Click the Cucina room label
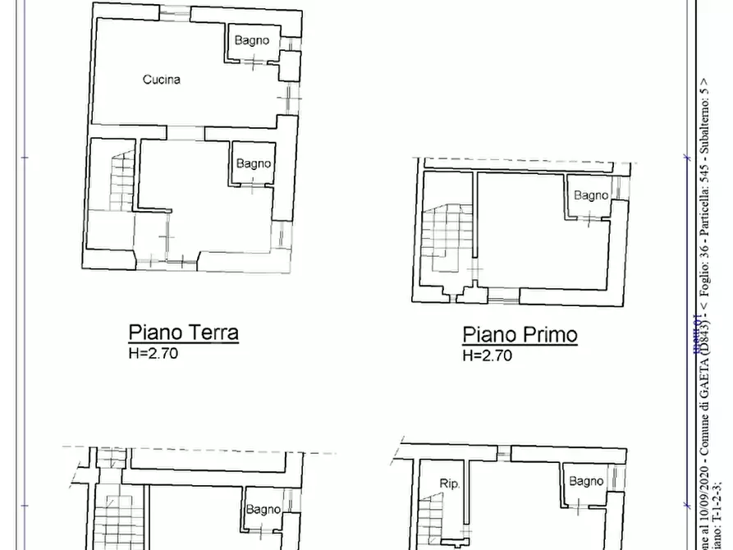pos(162,80)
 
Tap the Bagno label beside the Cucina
pos(252,40)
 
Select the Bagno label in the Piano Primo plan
pos(591,195)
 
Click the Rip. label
pos(449,484)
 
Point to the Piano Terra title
pos(183,332)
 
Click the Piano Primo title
pos(520,335)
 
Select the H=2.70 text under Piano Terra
pos(153,354)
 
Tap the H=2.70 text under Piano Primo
pos(487,355)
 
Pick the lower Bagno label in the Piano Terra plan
pos(254,163)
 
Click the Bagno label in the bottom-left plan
pos(263,510)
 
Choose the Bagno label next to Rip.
pos(586,481)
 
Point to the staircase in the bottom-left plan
pos(111,521)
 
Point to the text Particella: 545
pos(704,227)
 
